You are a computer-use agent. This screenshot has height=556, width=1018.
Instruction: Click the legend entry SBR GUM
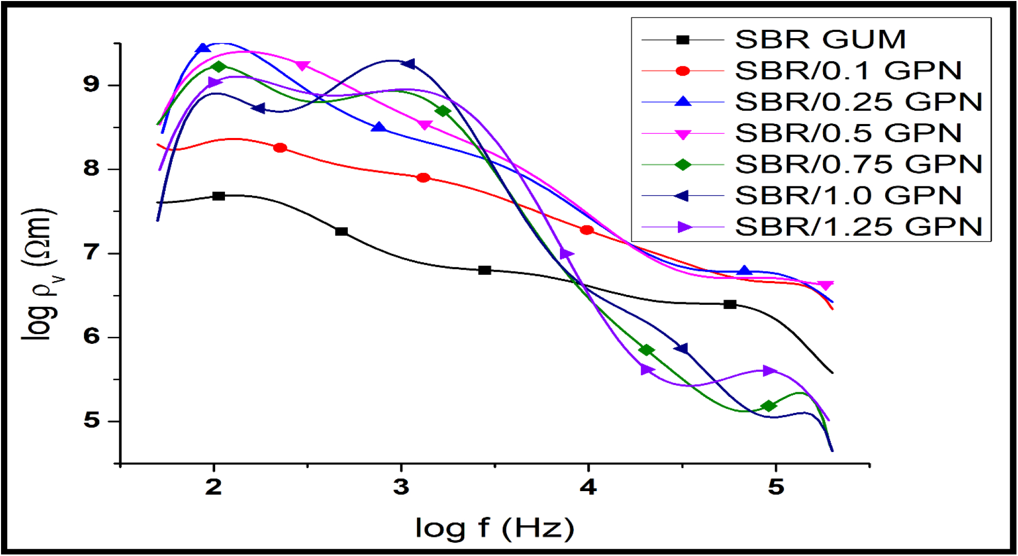click(820, 40)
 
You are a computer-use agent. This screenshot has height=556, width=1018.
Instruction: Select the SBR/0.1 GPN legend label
click(848, 71)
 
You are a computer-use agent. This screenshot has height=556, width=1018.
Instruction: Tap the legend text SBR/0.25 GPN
click(858, 102)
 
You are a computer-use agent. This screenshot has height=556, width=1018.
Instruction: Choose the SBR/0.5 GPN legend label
click(848, 133)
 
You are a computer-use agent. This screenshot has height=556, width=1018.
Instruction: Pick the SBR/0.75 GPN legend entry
click(858, 165)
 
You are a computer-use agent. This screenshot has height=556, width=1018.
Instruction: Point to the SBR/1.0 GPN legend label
click(848, 196)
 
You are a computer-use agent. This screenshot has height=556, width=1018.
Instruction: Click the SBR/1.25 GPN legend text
click(858, 227)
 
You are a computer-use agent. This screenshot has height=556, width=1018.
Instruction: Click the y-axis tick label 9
click(91, 84)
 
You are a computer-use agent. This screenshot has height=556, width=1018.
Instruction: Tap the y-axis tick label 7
click(91, 253)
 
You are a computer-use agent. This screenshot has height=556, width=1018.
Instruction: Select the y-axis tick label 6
click(91, 337)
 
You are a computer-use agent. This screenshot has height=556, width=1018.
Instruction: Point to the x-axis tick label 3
click(401, 486)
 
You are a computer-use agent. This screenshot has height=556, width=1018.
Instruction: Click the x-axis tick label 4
click(588, 486)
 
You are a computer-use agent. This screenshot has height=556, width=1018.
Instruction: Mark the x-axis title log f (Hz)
click(495, 528)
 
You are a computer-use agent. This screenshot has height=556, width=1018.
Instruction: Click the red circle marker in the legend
click(682, 71)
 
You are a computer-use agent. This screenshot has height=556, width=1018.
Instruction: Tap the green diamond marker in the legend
click(682, 165)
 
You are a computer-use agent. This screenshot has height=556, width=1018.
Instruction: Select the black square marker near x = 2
click(219, 196)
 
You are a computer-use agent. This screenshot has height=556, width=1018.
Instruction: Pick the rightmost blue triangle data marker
click(744, 271)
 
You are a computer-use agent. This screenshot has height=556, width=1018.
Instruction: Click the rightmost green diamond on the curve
click(768, 406)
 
